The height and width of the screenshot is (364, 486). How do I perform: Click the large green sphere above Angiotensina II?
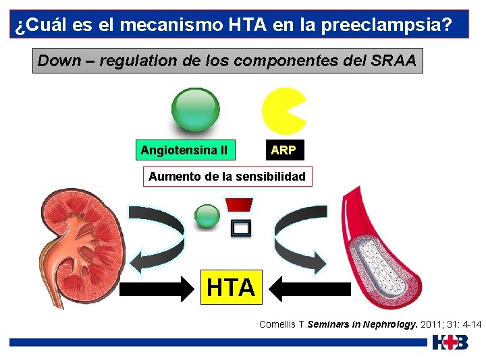[195, 109]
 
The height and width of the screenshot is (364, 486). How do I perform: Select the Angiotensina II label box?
[184, 150]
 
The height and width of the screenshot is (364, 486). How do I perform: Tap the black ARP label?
[283, 150]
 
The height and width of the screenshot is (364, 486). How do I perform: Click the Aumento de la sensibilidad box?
[227, 177]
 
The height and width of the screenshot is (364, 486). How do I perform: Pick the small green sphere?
[207, 216]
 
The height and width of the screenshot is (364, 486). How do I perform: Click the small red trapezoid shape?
[239, 204]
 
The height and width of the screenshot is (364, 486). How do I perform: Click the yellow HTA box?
[230, 287]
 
